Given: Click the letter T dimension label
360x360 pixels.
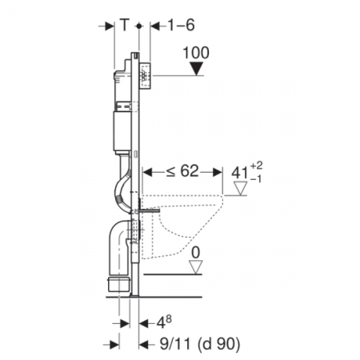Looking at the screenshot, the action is point(124,25).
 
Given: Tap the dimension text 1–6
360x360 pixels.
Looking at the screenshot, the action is point(181,25).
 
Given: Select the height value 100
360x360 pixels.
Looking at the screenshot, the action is point(196,53).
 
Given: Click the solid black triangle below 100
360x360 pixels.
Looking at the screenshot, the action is point(197,69).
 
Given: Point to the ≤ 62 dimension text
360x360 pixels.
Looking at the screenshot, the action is point(182,171).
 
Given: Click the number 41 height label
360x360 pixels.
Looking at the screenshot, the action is point(240,173).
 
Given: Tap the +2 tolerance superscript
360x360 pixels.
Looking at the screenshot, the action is point(256,166).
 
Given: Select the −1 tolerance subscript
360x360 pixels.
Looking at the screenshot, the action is point(256,179).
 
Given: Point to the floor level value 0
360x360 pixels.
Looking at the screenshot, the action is point(196,252).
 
